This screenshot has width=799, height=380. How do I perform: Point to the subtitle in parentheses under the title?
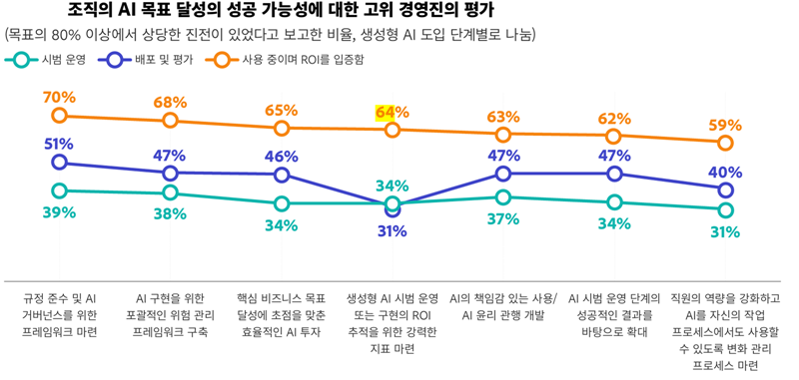tap(271, 35)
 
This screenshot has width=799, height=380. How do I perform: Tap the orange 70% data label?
tap(59, 97)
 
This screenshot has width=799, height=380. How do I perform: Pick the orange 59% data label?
tap(725, 126)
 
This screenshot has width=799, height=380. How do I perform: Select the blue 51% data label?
tap(59, 144)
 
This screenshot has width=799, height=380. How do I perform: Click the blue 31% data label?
tap(392, 231)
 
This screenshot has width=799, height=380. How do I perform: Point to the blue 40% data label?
tap(725, 172)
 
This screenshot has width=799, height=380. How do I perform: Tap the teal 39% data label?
tap(59, 212)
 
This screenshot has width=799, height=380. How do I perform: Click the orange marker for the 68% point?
tap(170, 121)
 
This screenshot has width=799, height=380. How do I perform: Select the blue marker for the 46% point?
tap(282, 176)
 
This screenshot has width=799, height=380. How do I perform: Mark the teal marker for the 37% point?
tap(503, 197)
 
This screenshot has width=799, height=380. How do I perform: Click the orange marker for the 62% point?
tap(614, 137)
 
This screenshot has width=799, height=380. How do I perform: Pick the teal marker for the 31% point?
tap(725, 210)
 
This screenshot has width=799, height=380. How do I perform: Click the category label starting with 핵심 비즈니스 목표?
tap(282, 314)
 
